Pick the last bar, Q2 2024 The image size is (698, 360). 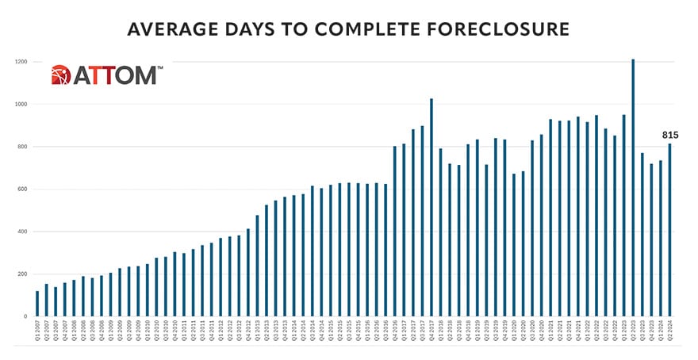coord(669,230)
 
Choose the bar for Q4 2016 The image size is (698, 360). coord(395,231)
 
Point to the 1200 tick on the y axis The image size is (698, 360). coord(20,62)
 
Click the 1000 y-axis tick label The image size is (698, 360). coord(20,104)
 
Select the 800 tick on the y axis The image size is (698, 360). coord(21,147)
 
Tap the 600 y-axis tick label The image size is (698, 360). coord(21,189)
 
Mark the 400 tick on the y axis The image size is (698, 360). coord(21,232)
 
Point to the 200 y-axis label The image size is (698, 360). coord(21,274)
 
